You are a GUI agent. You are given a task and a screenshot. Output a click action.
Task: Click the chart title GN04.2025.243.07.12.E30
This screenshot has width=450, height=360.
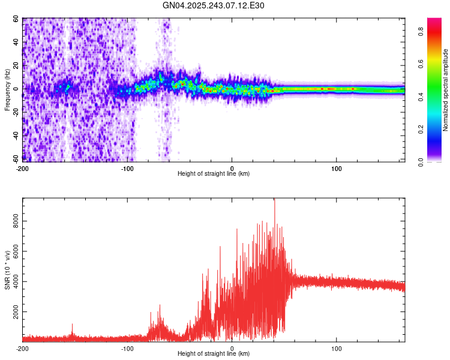214,5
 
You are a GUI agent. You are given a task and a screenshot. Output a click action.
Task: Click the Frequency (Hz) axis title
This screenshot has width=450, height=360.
7,91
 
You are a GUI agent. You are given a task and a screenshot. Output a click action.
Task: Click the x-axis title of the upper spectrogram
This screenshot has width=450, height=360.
214,173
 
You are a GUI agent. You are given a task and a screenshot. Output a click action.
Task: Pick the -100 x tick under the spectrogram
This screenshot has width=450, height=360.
127,167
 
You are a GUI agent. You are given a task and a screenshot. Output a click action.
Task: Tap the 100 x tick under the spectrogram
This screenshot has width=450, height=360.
337,167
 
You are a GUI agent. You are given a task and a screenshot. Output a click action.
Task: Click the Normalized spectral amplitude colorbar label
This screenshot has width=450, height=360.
446,90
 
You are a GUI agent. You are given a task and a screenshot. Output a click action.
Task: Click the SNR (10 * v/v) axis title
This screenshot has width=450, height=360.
7,269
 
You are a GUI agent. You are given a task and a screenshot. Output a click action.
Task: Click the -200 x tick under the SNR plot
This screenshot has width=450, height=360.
22,348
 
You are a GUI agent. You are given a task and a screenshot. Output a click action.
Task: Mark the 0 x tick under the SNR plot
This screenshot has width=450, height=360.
232,348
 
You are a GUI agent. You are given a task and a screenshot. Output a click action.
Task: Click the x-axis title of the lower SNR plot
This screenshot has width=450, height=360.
214,354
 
